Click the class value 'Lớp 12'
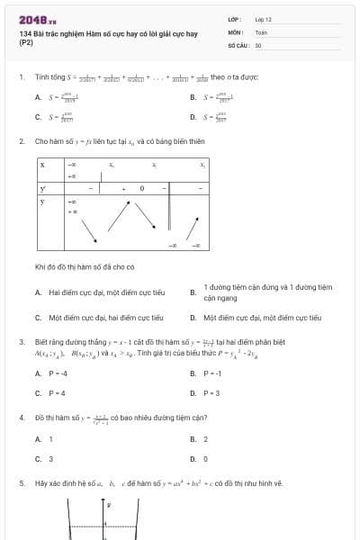[x=263, y=19]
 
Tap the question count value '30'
[x=258, y=44]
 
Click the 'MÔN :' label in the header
[x=236, y=31]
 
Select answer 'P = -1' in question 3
[x=212, y=373]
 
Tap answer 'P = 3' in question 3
[x=211, y=392]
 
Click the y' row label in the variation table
[x=43, y=188]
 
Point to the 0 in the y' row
[x=141, y=188]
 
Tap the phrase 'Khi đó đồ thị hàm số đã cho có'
[x=85, y=266]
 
